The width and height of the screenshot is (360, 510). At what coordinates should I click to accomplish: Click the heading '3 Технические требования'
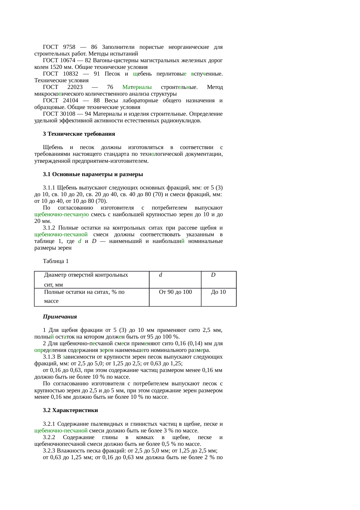point(79,134)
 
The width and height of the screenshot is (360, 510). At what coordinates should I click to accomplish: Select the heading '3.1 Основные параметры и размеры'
point(93,174)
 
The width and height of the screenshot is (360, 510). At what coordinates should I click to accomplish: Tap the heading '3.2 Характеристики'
point(70,410)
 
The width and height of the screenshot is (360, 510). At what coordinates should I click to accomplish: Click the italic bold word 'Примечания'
point(60,317)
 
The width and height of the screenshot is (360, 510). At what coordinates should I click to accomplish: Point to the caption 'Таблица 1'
point(56,261)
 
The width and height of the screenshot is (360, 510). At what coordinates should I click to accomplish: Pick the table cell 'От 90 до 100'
point(175,292)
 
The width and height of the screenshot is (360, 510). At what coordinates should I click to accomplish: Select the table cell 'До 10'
point(218,292)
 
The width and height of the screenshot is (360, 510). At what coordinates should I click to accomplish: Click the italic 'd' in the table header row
point(161,275)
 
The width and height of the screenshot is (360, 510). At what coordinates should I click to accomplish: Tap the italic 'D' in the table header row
point(213,275)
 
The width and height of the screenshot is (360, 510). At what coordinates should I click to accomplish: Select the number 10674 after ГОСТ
point(68,60)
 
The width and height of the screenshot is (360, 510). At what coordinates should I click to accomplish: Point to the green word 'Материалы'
point(137,87)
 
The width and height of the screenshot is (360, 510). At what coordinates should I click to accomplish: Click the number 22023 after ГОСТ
point(75,87)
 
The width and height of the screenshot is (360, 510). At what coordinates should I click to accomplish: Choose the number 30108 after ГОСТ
point(68,114)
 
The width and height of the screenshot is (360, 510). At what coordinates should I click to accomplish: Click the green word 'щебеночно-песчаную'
point(62,214)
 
